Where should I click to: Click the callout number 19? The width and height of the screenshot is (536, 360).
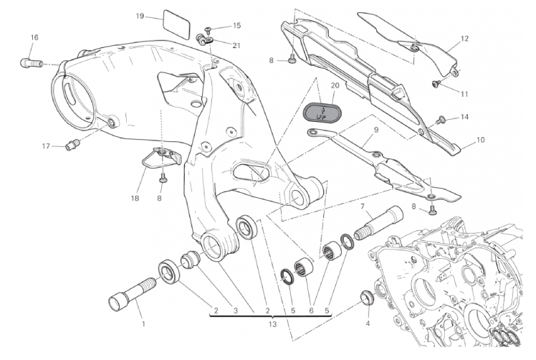(x=140, y=16)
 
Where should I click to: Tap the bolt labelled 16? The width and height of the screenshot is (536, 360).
(x=32, y=63)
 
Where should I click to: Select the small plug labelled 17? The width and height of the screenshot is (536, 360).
(x=72, y=146)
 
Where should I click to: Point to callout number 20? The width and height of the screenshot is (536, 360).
(x=335, y=85)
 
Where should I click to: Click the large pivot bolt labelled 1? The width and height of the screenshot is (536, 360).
(x=132, y=292)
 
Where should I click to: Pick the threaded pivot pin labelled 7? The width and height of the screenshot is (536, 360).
(x=379, y=224)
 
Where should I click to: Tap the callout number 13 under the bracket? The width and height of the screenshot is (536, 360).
(x=272, y=323)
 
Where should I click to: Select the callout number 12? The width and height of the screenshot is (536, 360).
(x=464, y=39)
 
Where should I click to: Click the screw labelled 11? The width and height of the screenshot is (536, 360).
(x=437, y=82)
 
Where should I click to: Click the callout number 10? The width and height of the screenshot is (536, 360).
(x=480, y=140)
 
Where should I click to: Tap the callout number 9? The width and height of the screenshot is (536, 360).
(x=376, y=130)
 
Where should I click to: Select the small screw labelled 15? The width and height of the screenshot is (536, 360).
(x=209, y=30)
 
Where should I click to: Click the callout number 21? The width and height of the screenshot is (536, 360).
(x=236, y=45)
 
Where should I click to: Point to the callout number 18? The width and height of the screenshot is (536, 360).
(x=135, y=198)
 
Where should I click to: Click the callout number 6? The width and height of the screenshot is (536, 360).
(x=311, y=311)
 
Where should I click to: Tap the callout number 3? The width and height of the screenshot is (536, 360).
(x=235, y=311)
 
